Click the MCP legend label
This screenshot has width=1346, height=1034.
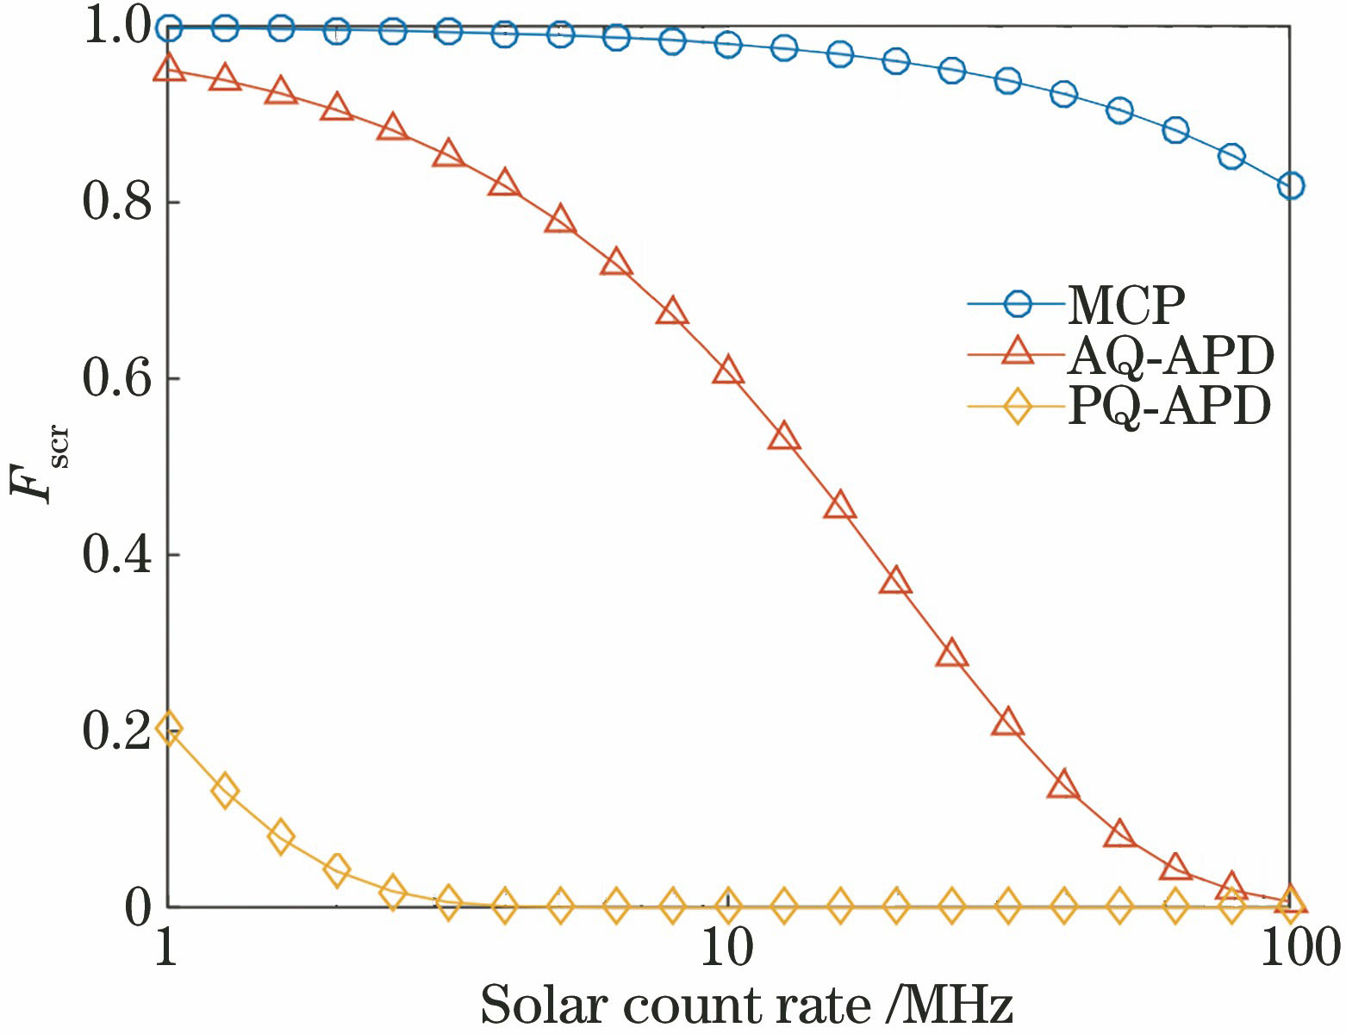point(1125,303)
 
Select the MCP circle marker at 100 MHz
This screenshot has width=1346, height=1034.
point(1290,185)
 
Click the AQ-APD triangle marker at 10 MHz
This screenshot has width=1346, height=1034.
point(728,371)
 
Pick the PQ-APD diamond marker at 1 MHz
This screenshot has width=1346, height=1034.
point(169,729)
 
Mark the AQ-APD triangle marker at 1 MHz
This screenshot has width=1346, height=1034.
point(169,69)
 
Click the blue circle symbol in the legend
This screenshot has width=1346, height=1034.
point(1019,303)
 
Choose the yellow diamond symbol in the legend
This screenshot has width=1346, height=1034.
point(1019,405)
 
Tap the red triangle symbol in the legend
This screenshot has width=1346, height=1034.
point(1019,354)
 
